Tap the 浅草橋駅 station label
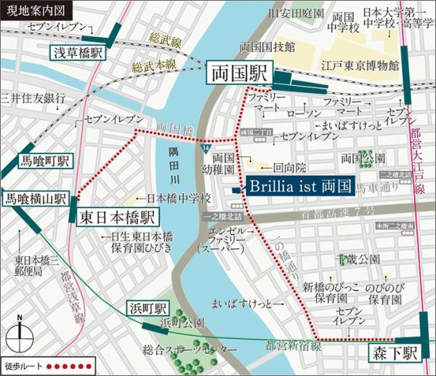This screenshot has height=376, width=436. point(78,53)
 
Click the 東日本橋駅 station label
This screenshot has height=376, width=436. point(117,217)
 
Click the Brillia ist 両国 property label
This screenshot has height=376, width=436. point(299,186)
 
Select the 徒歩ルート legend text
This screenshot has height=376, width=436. point(24,364)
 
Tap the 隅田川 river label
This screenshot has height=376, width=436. point(173,166)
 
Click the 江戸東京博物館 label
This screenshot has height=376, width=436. point(361,65)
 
